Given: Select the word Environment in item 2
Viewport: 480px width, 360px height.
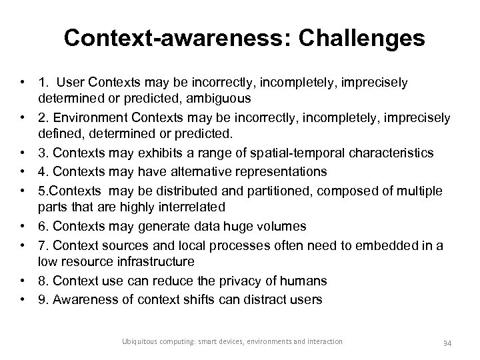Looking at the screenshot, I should click(x=93, y=117).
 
